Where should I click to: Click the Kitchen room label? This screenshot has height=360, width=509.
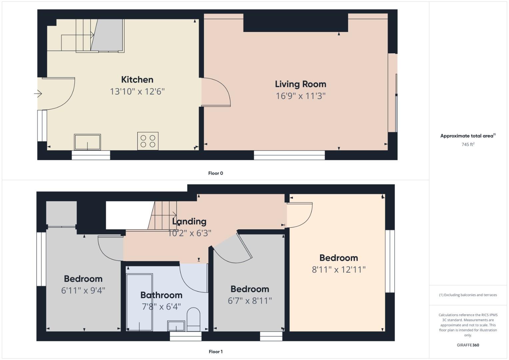click(137, 80)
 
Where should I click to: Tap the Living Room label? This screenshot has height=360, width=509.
click(300, 84)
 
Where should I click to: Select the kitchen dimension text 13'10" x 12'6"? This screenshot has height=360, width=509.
click(137, 92)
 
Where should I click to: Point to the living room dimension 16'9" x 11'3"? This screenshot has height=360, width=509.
click(300, 96)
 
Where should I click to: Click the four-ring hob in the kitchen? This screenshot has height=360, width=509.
click(148, 141)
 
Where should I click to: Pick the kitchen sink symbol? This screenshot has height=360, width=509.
click(87, 142)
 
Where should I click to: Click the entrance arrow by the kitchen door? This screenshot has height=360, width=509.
click(38, 94)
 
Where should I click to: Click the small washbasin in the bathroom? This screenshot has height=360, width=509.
click(176, 326)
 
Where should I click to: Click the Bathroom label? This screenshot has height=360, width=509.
click(161, 295)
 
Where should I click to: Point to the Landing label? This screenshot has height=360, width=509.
click(189, 221)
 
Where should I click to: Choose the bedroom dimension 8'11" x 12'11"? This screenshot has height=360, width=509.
click(339, 270)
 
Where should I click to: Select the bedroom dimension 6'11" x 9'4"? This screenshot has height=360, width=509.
click(83, 291)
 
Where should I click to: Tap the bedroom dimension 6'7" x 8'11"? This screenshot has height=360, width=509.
click(250, 301)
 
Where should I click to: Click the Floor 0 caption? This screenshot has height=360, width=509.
click(216, 173)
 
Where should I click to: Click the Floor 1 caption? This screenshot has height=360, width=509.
click(216, 352)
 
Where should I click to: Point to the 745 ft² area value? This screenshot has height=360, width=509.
click(468, 145)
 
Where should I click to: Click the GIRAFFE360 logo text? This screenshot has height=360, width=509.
click(468, 345)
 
